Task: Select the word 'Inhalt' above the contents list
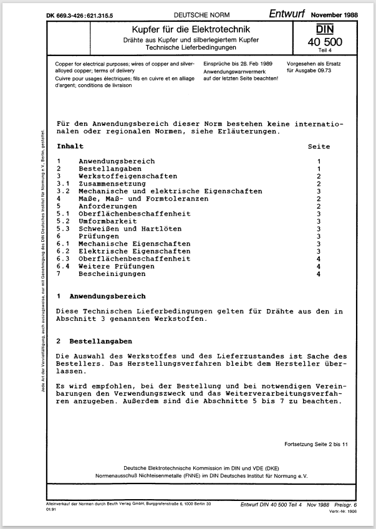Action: point(70,146)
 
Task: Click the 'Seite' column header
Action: point(319,146)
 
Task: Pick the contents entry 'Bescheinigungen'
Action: point(112,274)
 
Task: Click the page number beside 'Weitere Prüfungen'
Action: point(319,266)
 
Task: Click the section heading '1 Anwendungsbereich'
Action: point(101,296)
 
